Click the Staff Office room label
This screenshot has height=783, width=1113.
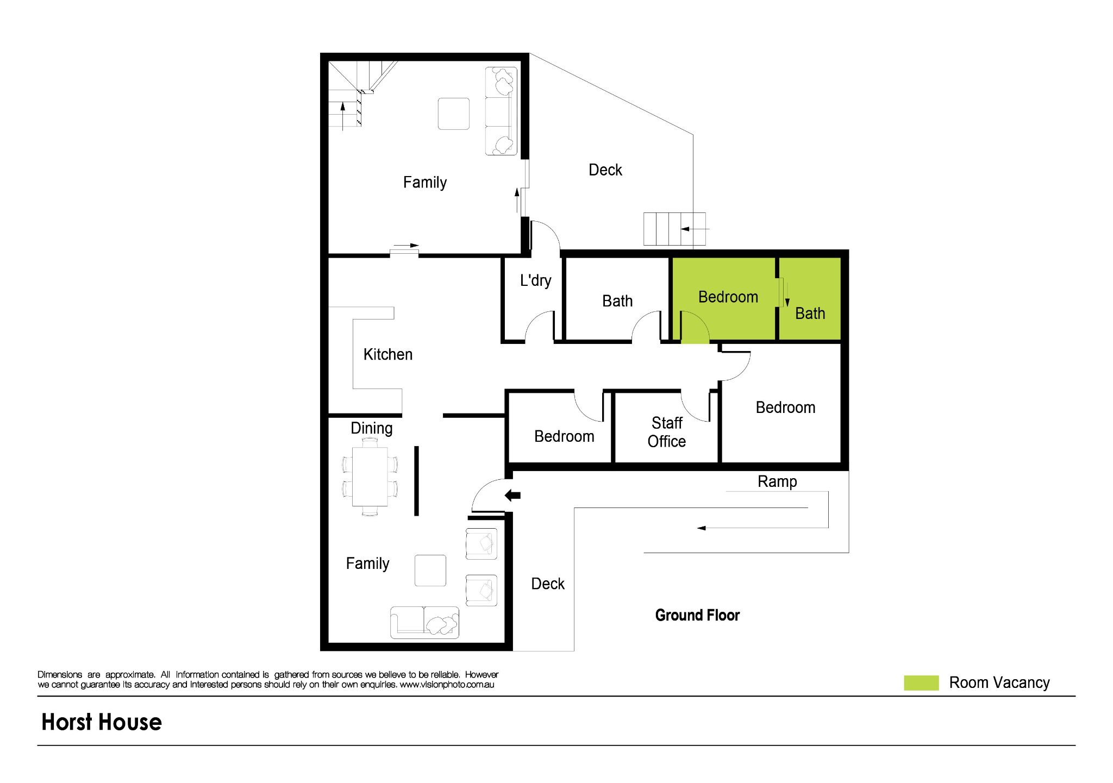tap(666, 432)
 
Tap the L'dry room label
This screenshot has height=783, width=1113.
tap(535, 280)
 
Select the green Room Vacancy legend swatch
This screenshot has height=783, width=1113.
tap(921, 682)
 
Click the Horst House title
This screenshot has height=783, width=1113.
tap(102, 722)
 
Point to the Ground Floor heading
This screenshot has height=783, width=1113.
tap(697, 615)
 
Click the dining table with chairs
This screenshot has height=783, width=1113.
tap(370, 477)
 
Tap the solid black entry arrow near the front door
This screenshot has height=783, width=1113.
tap(512, 495)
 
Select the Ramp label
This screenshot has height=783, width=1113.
tap(777, 481)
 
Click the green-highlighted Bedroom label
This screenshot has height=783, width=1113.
tap(728, 297)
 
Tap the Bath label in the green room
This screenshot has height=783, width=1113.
tap(810, 314)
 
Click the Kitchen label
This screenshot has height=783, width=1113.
tap(387, 354)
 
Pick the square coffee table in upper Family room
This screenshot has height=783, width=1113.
tap(453, 114)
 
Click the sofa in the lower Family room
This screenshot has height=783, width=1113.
tap(424, 622)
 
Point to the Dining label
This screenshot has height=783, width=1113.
tap(371, 428)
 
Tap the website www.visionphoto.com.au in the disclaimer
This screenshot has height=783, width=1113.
tap(447, 685)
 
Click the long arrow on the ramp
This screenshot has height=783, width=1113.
tap(761, 528)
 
